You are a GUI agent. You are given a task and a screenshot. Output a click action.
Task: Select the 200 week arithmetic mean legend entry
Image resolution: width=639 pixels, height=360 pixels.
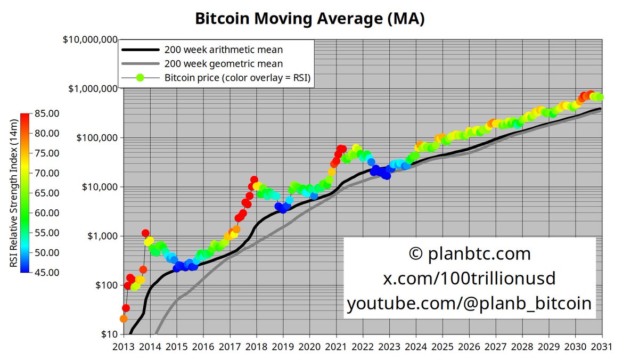tap(223, 50)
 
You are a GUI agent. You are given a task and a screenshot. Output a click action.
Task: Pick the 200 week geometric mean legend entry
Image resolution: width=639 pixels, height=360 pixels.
tap(223, 64)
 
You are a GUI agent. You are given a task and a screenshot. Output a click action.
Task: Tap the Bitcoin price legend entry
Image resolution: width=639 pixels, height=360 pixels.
tap(237, 78)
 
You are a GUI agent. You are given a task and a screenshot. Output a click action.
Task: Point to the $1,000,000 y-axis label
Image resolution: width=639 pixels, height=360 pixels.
tap(92, 88)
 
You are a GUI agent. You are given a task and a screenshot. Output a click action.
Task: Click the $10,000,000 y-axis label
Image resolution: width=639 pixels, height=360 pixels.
tap(89, 39)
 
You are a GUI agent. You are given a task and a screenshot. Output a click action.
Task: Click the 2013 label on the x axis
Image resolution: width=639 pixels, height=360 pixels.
tap(124, 346)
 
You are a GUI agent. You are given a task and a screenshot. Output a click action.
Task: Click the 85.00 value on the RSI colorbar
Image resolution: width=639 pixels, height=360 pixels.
tap(45, 113)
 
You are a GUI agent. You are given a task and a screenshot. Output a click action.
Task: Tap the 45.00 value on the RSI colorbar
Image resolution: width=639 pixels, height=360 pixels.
tap(45, 272)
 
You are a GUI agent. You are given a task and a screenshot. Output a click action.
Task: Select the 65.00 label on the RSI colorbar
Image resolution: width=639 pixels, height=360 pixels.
tap(45, 193)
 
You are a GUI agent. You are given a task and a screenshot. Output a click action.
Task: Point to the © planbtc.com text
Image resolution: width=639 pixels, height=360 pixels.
tap(469, 253)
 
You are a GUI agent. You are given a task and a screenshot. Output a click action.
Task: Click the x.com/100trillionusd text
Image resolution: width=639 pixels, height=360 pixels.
tap(469, 278)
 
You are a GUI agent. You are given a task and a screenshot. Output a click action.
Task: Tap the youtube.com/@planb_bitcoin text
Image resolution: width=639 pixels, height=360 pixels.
tap(469, 303)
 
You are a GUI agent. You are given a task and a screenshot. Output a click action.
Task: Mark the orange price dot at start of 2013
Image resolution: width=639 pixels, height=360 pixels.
tap(124, 318)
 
